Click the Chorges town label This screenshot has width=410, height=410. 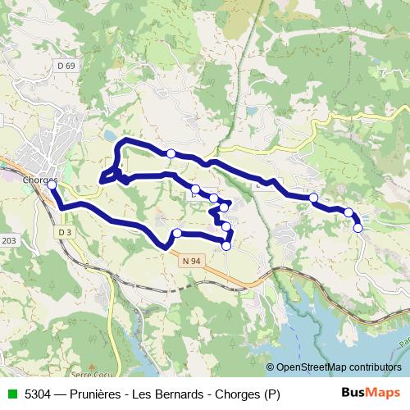coord(39,180)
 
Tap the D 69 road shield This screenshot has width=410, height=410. coord(66,65)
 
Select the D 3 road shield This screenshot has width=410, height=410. coord(66,233)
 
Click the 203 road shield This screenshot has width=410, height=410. coord(9,240)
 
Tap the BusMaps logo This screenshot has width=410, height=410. coord(370,394)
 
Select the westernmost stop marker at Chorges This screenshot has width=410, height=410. coord(52,185)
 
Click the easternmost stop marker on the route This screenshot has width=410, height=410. coord(358,227)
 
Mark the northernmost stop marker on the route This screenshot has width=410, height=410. coord(171,153)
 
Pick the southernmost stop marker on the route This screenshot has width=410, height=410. coord(227,244)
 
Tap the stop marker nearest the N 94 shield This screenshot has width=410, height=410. coord(177,234)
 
